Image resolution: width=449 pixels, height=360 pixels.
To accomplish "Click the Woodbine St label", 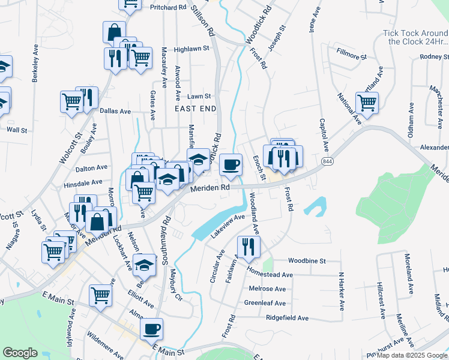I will [x=306, y=261].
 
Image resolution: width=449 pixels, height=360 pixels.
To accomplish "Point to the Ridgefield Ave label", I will [x=287, y=317].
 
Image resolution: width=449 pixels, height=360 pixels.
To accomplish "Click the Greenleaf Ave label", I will [x=265, y=303].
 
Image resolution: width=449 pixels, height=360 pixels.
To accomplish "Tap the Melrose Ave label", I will [x=267, y=289].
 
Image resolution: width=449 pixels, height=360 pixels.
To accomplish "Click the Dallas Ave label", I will [x=115, y=111].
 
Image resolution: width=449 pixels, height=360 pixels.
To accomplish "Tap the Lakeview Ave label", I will [x=228, y=226].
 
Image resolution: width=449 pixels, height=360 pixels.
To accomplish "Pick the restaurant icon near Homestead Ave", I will [x=247, y=246].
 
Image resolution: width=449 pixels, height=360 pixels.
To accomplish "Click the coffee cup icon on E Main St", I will [x=151, y=328].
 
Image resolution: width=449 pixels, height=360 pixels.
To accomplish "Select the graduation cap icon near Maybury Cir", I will [x=144, y=264].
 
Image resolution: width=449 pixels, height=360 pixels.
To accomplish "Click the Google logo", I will [x=20, y=353].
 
